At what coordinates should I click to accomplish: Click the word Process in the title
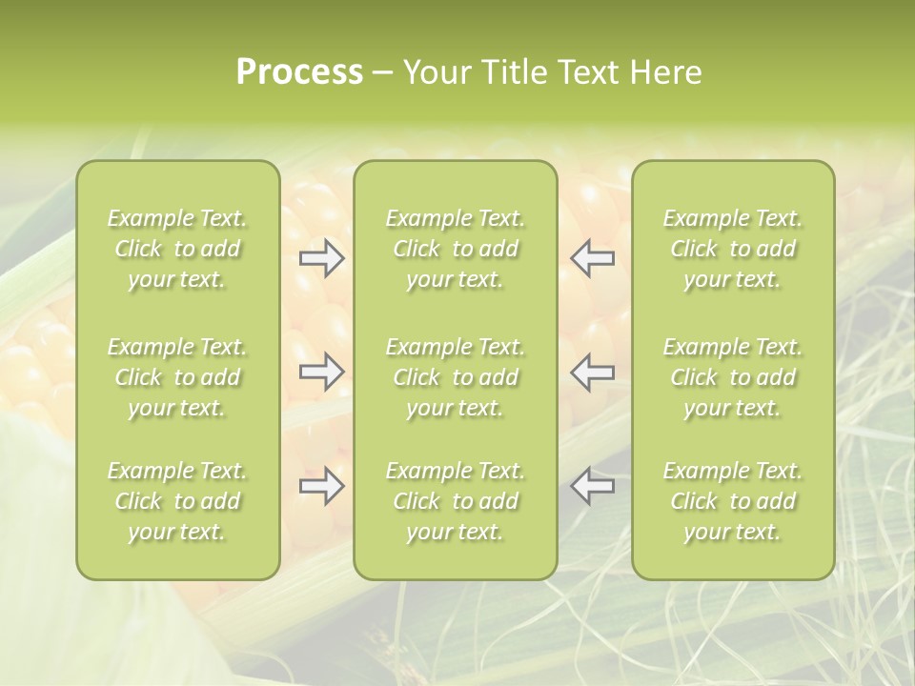[x=299, y=72]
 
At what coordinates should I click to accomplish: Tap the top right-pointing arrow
[x=322, y=258]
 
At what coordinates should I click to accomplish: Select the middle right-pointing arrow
[x=322, y=372]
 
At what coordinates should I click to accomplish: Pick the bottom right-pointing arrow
[x=322, y=486]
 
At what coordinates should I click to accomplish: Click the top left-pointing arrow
[x=593, y=258]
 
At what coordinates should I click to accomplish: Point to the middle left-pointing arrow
[x=593, y=372]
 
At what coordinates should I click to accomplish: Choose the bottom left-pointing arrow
[x=593, y=486]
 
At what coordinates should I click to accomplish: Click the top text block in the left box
[x=177, y=249]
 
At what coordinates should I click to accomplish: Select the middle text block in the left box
[x=177, y=377]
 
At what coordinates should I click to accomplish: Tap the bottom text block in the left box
[x=177, y=501]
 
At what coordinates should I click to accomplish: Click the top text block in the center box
[x=456, y=249]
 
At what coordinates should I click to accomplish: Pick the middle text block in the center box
[x=456, y=377]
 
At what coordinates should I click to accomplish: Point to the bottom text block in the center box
[x=456, y=501]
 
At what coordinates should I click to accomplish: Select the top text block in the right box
[x=733, y=249]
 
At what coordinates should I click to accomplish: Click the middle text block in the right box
[x=733, y=377]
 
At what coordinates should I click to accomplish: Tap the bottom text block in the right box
[x=733, y=501]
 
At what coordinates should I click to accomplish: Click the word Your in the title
[x=437, y=72]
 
